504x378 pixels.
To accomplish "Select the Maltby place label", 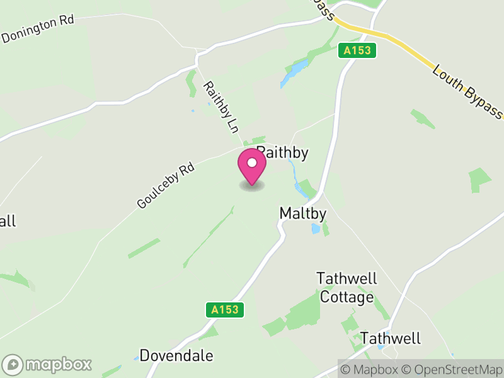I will point(303,214).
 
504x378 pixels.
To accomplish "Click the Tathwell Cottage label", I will point(346,287).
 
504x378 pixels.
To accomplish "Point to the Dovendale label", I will point(176,355).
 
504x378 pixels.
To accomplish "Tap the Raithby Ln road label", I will point(221,107).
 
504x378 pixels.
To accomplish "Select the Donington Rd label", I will point(38,29).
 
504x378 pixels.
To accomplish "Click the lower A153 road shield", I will point(224,309).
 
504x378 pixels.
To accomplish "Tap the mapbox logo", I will point(49,364).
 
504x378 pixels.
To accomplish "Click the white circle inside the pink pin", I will point(252,163).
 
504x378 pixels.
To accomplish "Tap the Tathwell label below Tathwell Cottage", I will point(390,338).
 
